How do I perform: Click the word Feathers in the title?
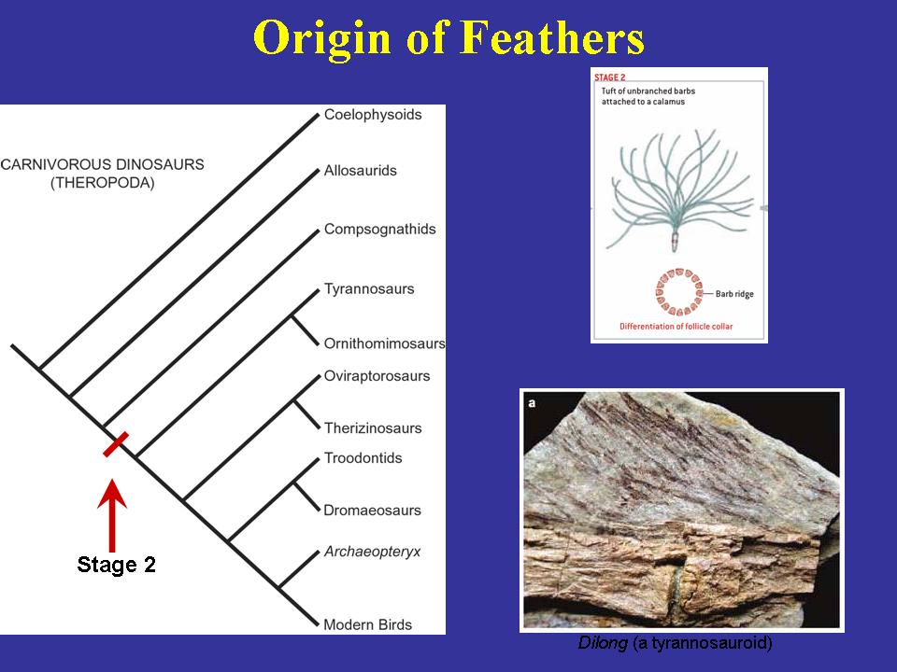coord(552,37)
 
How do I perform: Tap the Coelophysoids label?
coord(373,115)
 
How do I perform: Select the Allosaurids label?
coord(360,170)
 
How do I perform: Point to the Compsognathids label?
coord(380,230)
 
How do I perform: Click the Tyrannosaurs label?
coord(369,288)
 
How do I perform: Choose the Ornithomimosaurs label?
coord(384,343)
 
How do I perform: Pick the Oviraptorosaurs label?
coord(377,376)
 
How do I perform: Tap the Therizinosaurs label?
coord(373,428)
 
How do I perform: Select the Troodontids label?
coord(363,457)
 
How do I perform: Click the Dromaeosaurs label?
coord(372,511)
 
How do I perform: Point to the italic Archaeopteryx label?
coord(372,552)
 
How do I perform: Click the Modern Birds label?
coord(367,624)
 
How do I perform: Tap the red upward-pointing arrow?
coord(112,515)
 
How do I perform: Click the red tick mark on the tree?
coord(116,444)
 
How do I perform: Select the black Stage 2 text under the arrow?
coord(116,565)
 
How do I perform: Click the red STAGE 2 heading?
coord(610,77)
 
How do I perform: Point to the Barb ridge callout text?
coord(734,294)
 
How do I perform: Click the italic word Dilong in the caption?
coord(603,643)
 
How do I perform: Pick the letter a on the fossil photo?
coord(532,403)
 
